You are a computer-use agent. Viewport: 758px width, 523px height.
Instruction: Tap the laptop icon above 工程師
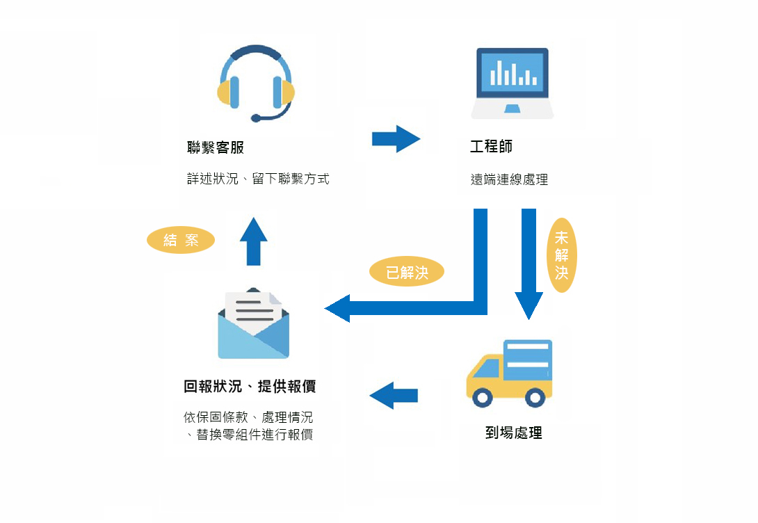point(513,83)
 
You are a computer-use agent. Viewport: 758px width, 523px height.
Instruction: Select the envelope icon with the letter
point(253,323)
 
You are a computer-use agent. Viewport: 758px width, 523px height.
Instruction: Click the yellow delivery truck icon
point(510,373)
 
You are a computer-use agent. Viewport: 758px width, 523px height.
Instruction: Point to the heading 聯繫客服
point(216,147)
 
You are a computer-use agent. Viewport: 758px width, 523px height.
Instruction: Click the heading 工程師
point(491,147)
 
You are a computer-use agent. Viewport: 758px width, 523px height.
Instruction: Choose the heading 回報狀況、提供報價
point(250,387)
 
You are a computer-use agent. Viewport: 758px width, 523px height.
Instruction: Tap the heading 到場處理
point(513,433)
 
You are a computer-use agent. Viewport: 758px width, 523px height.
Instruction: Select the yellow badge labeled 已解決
point(406,272)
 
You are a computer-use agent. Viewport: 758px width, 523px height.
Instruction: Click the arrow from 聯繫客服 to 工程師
point(396,139)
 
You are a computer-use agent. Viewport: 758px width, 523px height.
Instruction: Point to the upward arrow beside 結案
point(253,241)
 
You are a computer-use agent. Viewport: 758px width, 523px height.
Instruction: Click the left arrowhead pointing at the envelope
point(338,308)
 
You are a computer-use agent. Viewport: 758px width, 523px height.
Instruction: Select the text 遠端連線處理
point(509,179)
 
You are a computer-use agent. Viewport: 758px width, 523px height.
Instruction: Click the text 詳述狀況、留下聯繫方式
point(258,179)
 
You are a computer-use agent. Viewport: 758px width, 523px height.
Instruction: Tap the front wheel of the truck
point(483,397)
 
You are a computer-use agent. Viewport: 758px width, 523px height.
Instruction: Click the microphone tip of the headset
point(256,118)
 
